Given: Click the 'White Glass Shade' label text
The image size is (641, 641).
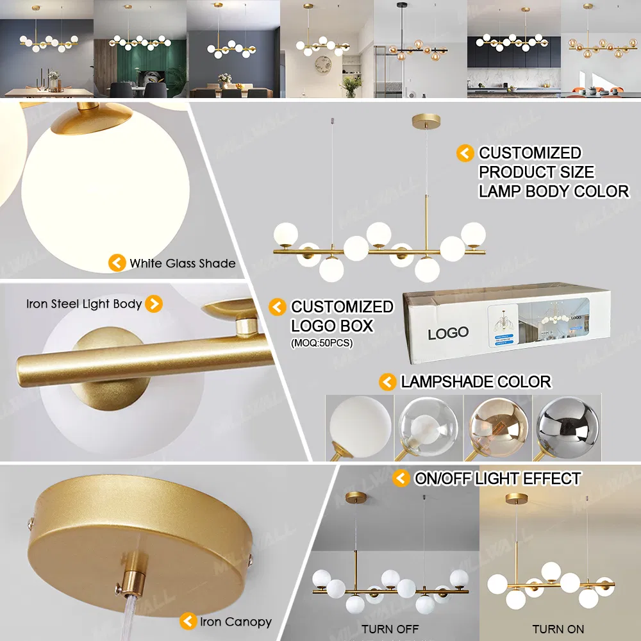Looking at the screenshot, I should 182,263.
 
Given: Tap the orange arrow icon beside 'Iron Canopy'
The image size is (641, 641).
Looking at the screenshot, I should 188,620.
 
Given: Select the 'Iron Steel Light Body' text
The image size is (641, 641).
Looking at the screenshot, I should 84,304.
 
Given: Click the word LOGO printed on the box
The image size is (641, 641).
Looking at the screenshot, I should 448,333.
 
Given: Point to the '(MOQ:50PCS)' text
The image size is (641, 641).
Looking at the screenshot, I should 322,344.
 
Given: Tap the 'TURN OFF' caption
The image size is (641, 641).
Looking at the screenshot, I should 390,629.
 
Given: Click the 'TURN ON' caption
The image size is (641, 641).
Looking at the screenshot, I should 558,629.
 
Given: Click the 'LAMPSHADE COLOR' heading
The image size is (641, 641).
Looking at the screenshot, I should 476,382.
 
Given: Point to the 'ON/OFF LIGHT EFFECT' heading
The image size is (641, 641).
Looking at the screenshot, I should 497,478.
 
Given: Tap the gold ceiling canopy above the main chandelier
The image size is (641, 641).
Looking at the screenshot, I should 423,121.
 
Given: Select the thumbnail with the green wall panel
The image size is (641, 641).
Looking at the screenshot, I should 140,49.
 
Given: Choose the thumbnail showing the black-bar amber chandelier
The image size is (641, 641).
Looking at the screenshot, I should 420,49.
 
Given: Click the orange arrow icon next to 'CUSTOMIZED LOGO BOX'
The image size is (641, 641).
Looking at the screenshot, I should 277,307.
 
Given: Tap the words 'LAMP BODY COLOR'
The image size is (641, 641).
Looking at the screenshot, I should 554,191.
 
